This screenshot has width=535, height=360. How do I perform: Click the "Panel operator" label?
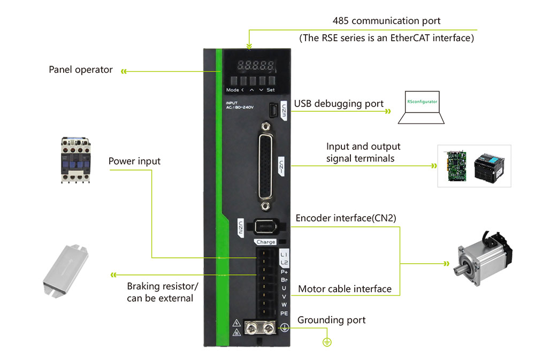81,70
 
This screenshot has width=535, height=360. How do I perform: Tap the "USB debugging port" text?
339,104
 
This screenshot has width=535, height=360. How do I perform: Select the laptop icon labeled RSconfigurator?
422,108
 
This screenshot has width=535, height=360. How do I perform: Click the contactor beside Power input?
79,160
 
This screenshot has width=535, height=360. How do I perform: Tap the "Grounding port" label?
331,320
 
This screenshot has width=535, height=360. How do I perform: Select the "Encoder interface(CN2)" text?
346,218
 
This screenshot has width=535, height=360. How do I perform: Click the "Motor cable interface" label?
345,289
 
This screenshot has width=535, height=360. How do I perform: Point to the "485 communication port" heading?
386,21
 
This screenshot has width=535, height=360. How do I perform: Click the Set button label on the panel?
271,90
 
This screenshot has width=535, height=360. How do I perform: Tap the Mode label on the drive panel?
233,90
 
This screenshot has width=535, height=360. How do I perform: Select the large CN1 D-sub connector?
264,166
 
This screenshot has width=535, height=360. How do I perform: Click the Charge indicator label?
266,242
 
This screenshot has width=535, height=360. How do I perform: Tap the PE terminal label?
284,313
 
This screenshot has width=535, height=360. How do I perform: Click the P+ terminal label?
284,271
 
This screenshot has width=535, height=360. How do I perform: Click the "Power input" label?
134,161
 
